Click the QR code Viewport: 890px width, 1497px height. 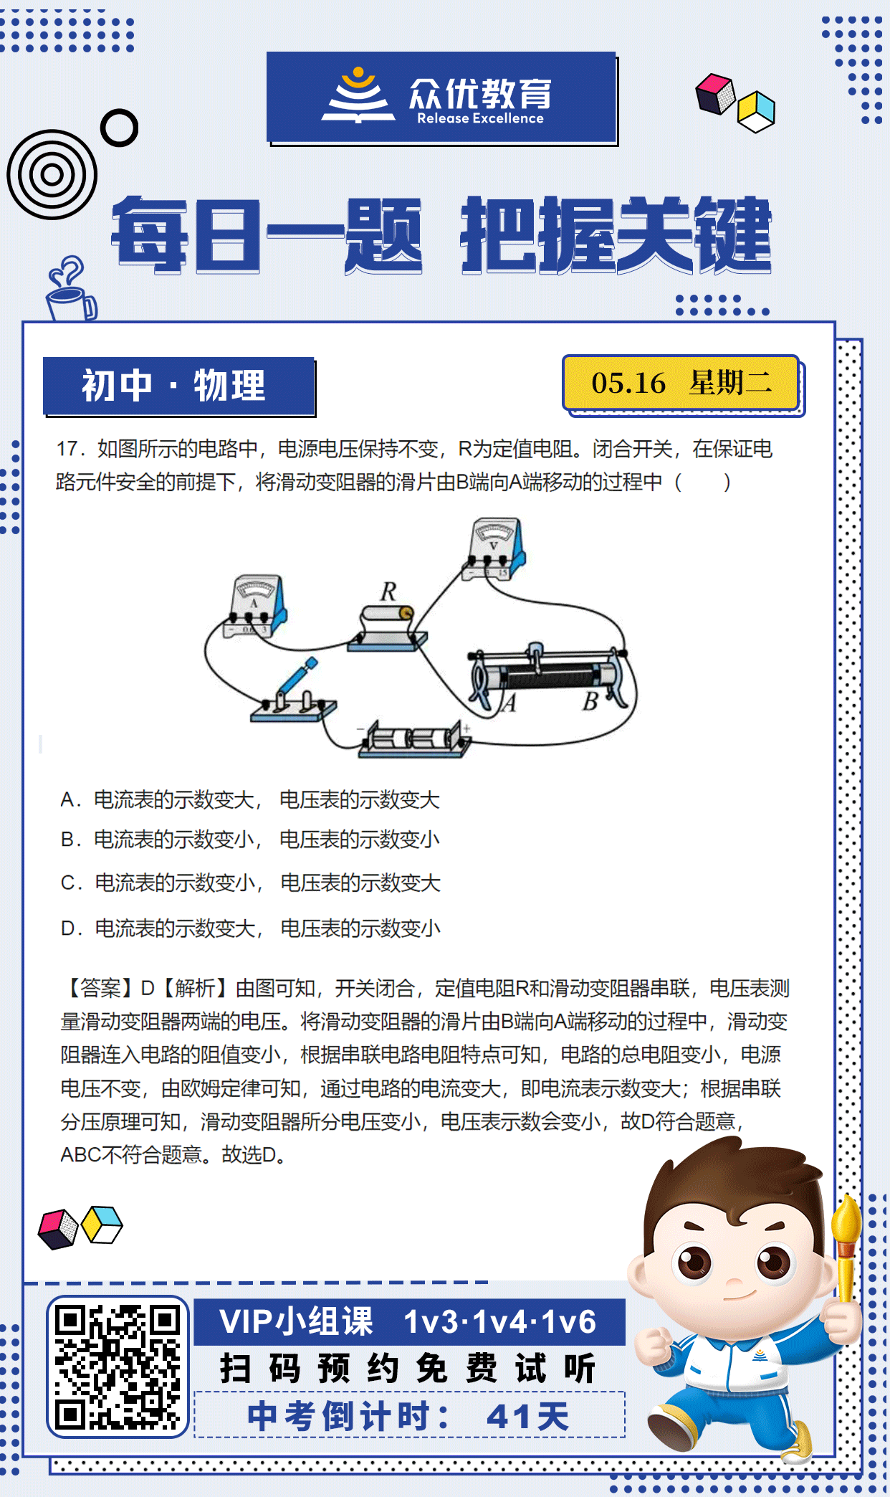tap(118, 1367)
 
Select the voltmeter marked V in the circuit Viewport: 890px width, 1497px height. tap(495, 548)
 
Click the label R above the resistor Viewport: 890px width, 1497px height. tap(388, 591)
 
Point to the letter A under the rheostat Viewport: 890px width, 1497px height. tap(509, 703)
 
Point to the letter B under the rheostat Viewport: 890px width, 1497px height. tap(590, 701)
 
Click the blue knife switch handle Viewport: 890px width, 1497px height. tap(297, 677)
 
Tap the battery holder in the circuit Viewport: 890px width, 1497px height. tap(414, 739)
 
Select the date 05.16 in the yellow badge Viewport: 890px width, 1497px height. tap(628, 383)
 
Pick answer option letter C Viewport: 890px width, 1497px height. tap(69, 883)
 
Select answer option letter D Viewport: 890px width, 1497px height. tap(69, 928)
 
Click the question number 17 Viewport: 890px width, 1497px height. tap(69, 449)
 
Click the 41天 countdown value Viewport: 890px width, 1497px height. tap(527, 1416)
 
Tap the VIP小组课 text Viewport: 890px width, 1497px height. tap(297, 1321)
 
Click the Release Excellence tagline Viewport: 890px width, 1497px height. tap(480, 118)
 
